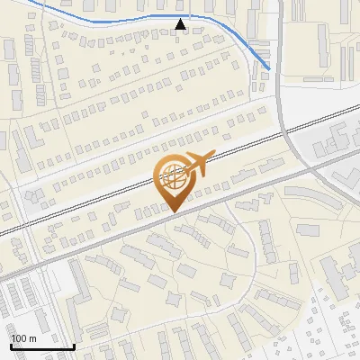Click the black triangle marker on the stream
[x=181, y=25]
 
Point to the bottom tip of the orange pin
[x=172, y=212]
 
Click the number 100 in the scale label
[x=18, y=338]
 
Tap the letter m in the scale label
[x=31, y=338]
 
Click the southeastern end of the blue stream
[x=269, y=68]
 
